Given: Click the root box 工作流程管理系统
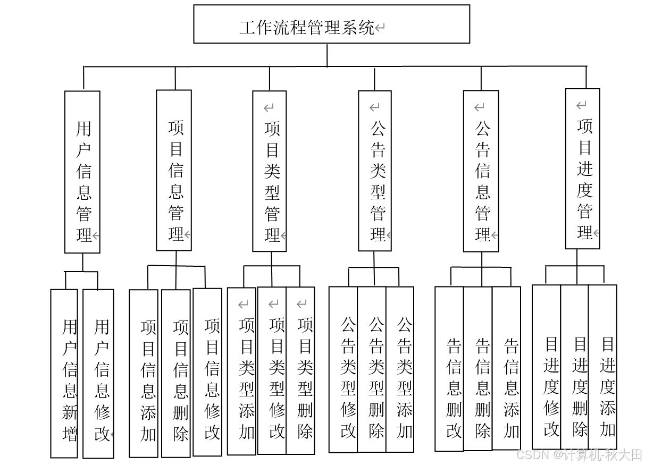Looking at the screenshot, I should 331,24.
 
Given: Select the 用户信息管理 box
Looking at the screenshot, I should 82,172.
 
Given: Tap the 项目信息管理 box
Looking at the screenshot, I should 174,170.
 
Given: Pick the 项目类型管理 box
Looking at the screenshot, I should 270,171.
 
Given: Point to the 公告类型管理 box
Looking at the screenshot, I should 375,171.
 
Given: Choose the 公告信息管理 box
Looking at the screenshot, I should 481,171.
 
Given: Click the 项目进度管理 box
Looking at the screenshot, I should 582,169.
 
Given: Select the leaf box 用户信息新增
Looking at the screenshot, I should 64,373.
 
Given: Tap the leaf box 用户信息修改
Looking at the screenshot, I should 98,373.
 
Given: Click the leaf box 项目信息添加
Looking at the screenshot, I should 144,373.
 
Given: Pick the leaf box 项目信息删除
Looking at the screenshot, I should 176,373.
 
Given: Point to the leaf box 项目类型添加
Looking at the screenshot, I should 242,371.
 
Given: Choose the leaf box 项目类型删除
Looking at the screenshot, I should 300,371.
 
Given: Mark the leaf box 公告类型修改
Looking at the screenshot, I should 343,370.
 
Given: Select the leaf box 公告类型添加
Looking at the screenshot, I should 400,370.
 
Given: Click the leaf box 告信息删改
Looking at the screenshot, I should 449,369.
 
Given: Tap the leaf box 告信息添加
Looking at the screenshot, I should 506,369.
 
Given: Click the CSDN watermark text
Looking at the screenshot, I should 579,455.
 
